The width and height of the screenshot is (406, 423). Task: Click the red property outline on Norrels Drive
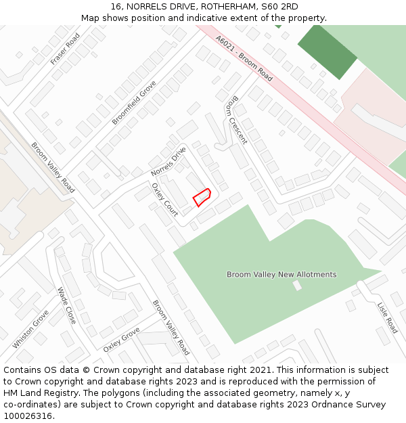coord(202,197)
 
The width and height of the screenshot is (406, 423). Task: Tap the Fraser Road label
coord(65,49)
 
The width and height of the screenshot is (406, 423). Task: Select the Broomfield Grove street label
coord(134,102)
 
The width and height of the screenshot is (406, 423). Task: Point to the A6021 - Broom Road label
coord(244,59)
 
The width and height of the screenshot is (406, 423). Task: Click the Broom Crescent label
coord(235,120)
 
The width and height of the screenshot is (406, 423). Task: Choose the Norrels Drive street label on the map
coord(168,161)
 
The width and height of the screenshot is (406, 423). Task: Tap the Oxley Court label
coord(164,200)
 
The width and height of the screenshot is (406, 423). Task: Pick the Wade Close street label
coord(66,305)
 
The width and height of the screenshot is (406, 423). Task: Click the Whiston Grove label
coord(30,329)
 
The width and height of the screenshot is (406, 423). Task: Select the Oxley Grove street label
coord(122,339)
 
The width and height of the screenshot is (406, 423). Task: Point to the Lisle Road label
coord(387,317)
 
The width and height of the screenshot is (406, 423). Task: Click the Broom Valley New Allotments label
coord(281,275)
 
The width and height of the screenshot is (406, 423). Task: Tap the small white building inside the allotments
coord(297,286)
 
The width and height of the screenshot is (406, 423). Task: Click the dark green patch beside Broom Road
coord(328,50)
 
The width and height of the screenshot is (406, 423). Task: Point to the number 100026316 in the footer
coord(28,416)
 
